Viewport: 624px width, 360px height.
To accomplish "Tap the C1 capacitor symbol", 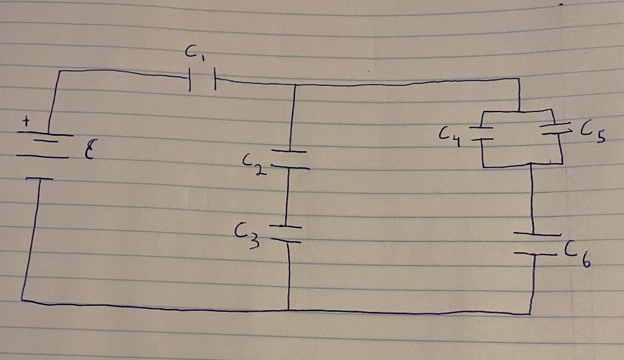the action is tap(202, 80).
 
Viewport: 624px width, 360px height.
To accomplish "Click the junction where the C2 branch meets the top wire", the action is tap(295, 86).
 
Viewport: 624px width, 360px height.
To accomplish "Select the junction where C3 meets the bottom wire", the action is tap(288, 309).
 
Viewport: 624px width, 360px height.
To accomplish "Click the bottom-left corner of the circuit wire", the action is tap(23, 298).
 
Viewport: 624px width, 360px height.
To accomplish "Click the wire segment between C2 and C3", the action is tap(287, 196).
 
